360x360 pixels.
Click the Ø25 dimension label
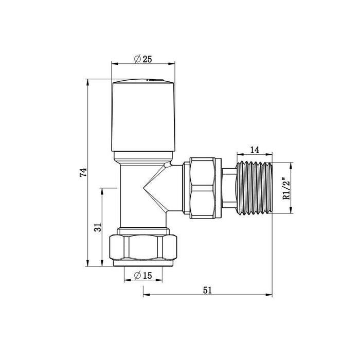point(142,59)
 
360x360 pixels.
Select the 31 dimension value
point(98,227)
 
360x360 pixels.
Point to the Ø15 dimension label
point(142,275)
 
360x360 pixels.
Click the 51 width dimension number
point(207,290)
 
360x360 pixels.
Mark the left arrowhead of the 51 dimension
point(145,295)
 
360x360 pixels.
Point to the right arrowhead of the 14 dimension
point(272,154)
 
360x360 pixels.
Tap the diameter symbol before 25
point(137,59)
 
